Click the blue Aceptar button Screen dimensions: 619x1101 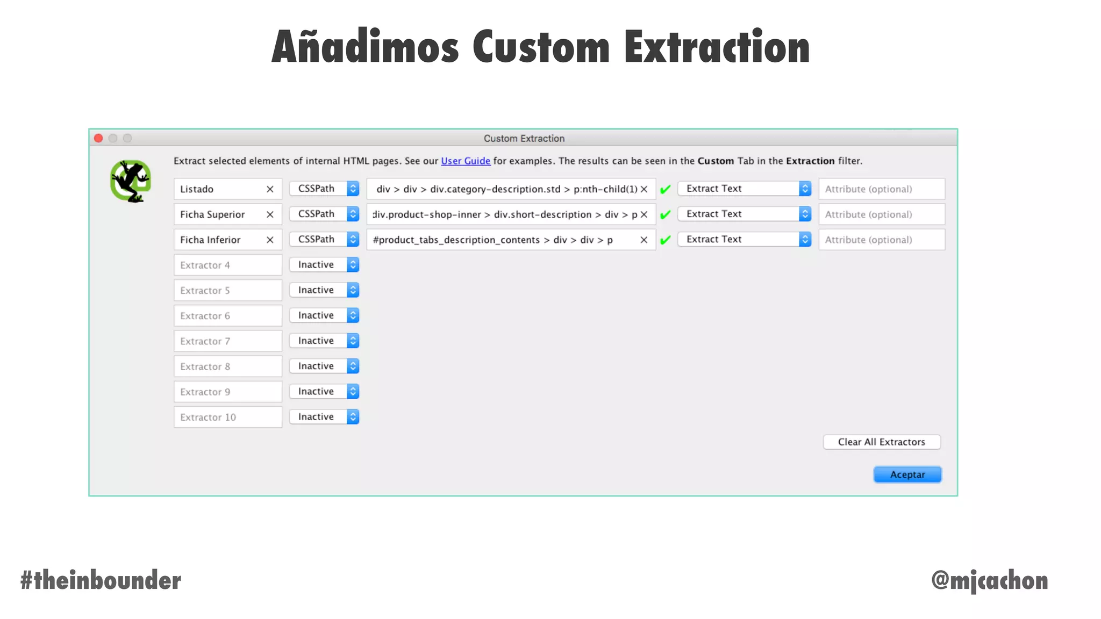pos(907,474)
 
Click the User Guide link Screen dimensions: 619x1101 pos(466,161)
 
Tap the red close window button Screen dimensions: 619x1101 pos(98,138)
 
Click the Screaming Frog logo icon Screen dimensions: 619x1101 pos(131,181)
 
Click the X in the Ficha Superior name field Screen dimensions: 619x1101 pos(270,214)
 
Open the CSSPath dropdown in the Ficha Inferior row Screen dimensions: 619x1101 pos(324,239)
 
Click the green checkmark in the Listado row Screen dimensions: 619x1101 pos(666,189)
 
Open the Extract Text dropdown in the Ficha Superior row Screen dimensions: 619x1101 pos(745,214)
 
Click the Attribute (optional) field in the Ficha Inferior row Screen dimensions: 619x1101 pos(882,240)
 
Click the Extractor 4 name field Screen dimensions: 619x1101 pos(227,265)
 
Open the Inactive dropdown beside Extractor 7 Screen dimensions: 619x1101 pos(324,341)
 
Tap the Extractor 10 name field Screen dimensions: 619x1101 pos(227,417)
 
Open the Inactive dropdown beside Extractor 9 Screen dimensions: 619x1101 pos(324,391)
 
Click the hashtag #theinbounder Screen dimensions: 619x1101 pos(101,580)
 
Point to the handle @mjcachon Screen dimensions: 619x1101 pos(989,580)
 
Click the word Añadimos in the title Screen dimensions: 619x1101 pos(365,47)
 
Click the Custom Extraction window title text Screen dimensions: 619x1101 pos(524,138)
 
